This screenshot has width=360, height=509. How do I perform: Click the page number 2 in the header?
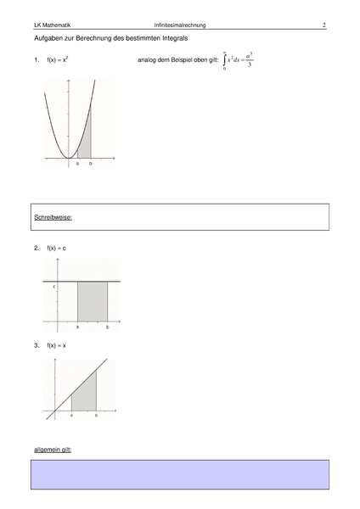[x=324, y=25]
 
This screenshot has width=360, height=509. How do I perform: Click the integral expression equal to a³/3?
[x=238, y=61]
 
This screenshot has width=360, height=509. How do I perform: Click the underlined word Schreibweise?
[x=53, y=217]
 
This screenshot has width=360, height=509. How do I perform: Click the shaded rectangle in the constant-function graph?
[x=93, y=301]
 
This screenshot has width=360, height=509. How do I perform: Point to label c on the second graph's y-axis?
[x=54, y=288]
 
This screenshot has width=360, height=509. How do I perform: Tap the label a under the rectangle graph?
[x=78, y=327]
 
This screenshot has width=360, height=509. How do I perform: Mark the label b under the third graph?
[x=96, y=416]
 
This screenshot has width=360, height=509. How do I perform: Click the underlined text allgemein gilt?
[x=53, y=449]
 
